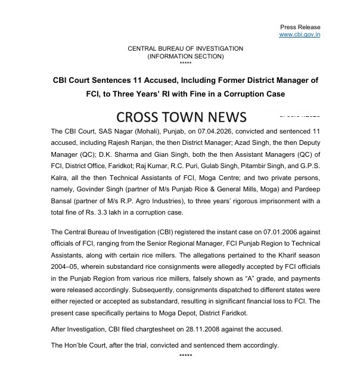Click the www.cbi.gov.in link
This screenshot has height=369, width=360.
click(x=300, y=35)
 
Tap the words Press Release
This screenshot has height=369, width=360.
click(x=300, y=27)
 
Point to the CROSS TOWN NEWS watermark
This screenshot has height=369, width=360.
click(x=173, y=116)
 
